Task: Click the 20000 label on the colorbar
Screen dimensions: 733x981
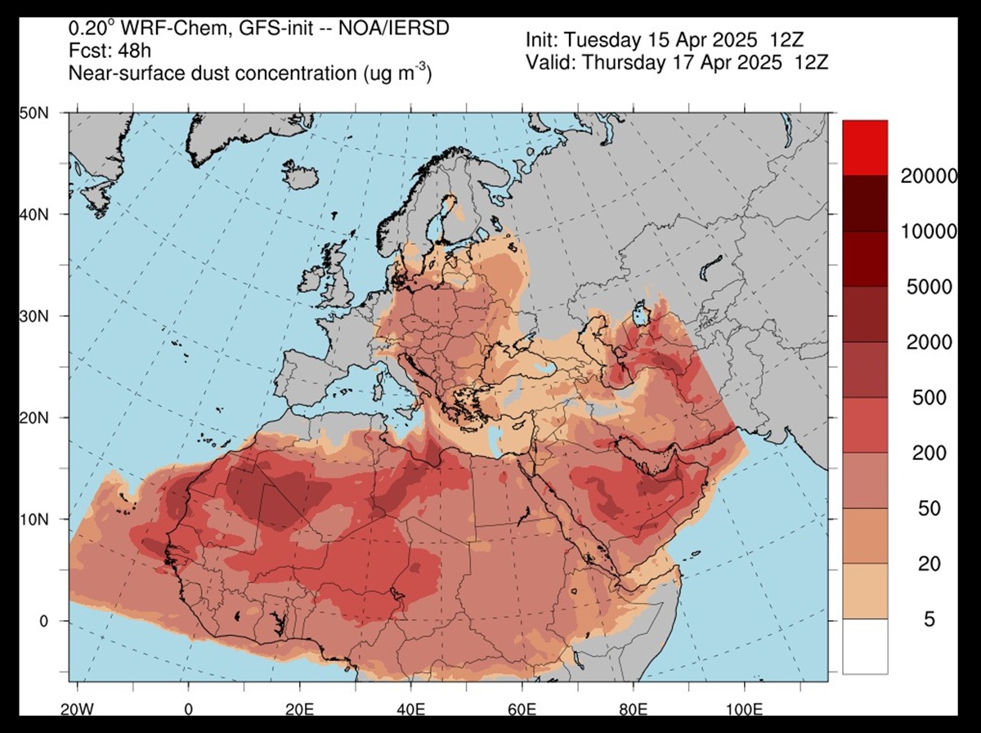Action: tap(928, 176)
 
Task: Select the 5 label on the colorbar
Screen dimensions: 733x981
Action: tap(929, 619)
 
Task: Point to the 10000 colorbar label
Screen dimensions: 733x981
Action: tap(928, 231)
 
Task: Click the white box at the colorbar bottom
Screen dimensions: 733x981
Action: tap(865, 646)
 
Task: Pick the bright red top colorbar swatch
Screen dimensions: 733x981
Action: tap(865, 148)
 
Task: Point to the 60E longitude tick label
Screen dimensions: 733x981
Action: tap(521, 708)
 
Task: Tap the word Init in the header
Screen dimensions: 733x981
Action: tap(543, 39)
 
